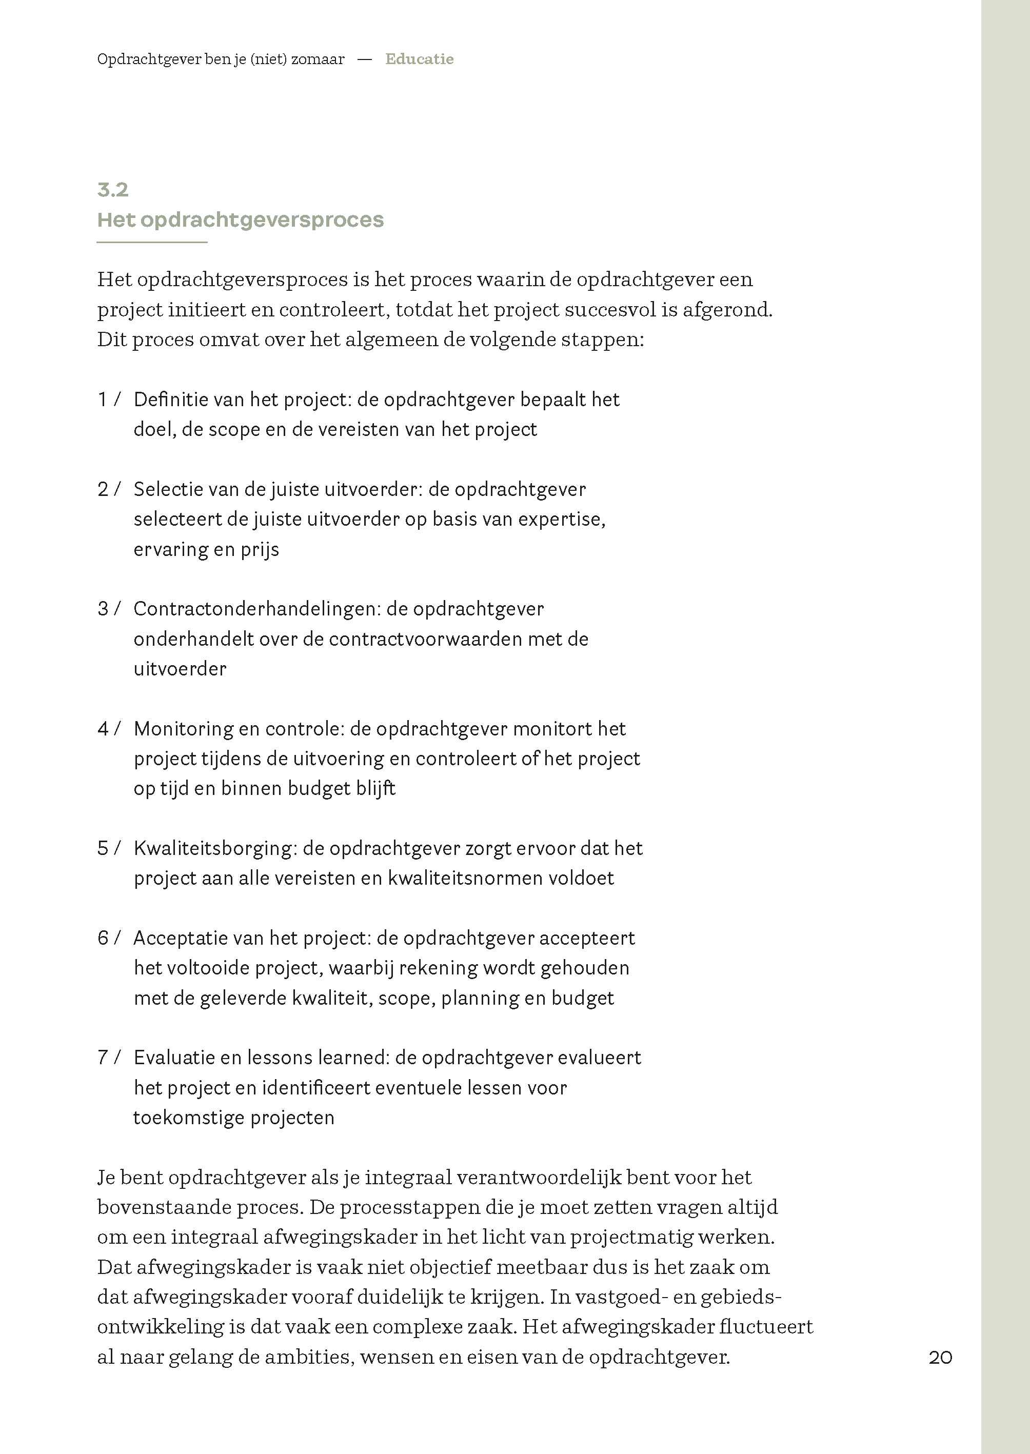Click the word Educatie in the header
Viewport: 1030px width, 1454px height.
[x=419, y=59]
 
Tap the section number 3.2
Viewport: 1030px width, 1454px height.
[x=113, y=190]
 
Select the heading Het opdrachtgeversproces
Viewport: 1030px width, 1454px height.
[x=241, y=220]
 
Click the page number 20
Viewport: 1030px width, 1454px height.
[x=940, y=1357]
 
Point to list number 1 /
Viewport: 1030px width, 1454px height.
[x=108, y=400]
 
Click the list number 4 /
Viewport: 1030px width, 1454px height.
[x=108, y=729]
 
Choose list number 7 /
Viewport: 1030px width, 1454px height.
[x=108, y=1058]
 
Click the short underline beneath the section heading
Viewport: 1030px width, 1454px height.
[x=152, y=242]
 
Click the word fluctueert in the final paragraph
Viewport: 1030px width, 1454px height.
[x=766, y=1326]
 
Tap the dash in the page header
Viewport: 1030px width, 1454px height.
[x=365, y=59]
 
